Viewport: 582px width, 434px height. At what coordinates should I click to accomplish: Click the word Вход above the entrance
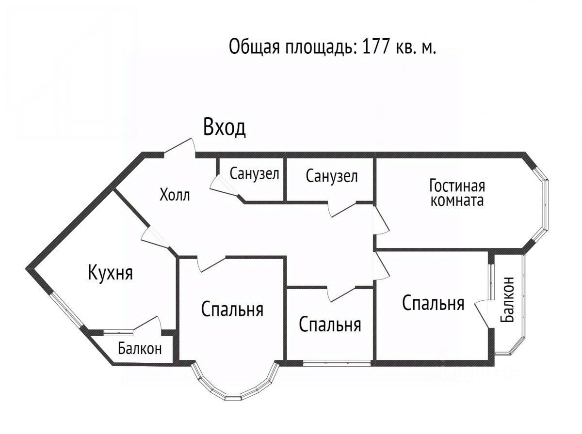point(225,127)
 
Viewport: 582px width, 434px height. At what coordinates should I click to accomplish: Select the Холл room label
point(175,195)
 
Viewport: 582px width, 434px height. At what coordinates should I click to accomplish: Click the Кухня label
point(110,273)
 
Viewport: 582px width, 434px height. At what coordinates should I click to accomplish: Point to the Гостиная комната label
point(457,193)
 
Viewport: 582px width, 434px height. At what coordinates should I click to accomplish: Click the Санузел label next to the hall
point(255,173)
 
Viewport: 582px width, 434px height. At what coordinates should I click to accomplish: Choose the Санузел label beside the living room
point(332,176)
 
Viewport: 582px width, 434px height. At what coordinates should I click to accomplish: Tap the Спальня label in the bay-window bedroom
point(232,309)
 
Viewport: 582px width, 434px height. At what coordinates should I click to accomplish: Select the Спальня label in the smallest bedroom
point(330,324)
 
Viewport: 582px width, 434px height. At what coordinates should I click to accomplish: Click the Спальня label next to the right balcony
point(433,303)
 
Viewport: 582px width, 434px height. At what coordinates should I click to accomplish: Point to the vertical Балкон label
point(509,299)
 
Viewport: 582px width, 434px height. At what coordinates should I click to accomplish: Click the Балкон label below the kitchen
point(140,348)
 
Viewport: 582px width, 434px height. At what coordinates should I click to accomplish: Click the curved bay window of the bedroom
point(236,390)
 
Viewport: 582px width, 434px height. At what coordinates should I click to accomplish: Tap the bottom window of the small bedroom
point(337,362)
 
